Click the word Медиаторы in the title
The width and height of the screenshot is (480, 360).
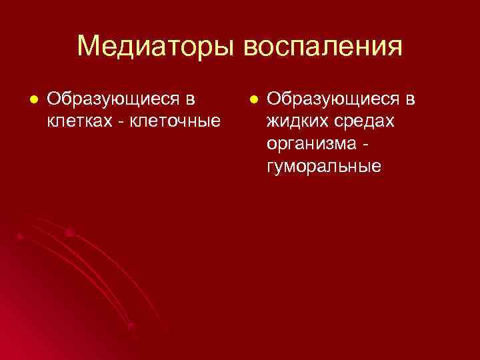157,47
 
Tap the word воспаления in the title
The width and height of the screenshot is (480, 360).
324,47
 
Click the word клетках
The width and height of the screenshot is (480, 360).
79,122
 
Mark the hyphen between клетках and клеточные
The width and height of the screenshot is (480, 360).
119,123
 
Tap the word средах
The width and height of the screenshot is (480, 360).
363,122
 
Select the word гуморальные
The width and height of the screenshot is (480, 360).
324,166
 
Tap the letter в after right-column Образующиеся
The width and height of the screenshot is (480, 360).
410,101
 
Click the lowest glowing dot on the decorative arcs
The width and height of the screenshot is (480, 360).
131,326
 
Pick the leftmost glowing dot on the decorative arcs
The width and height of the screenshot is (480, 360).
20,236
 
